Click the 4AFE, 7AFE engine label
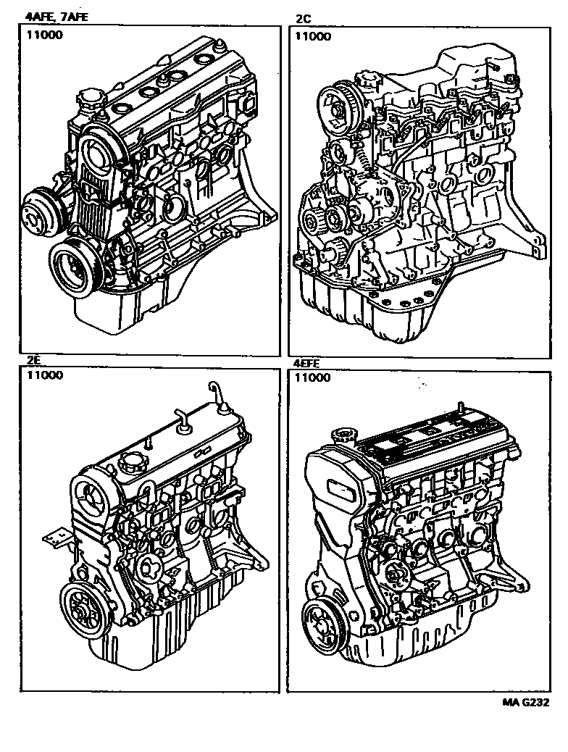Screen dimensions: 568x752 [57, 17]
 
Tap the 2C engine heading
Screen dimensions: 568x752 [303, 19]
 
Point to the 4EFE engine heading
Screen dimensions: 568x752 [306, 364]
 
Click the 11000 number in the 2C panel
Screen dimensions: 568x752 [313, 36]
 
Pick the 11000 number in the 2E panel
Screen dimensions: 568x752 [45, 375]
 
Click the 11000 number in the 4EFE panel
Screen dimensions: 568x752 [312, 378]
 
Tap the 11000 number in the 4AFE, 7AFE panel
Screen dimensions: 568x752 [45, 35]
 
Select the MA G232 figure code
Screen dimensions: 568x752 [526, 703]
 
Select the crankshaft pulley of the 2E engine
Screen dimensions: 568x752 [85, 609]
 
